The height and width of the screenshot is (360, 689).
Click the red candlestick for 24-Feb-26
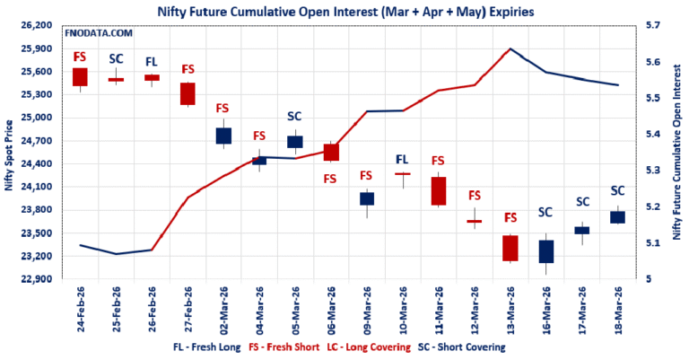click(x=80, y=77)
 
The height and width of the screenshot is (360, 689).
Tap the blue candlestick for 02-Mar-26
click(x=223, y=136)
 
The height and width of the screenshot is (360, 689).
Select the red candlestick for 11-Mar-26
click(x=439, y=190)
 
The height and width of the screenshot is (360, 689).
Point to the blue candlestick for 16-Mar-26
click(x=546, y=251)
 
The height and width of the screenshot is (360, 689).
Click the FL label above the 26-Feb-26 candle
click(x=152, y=62)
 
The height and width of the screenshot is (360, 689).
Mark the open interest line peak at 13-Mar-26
click(x=510, y=48)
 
